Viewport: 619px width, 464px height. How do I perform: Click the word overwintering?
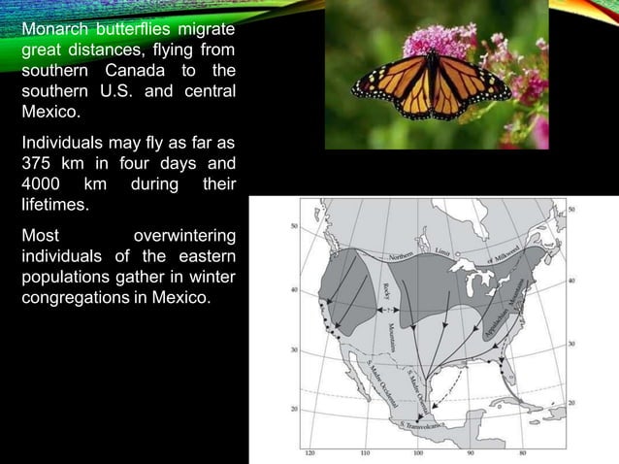coord(184,235)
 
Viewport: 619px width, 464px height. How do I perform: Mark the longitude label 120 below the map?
coord(309,453)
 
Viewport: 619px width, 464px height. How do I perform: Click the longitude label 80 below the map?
coord(525,453)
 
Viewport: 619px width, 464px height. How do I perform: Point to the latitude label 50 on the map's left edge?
coord(292,225)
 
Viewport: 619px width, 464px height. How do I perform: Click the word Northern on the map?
coord(407,253)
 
